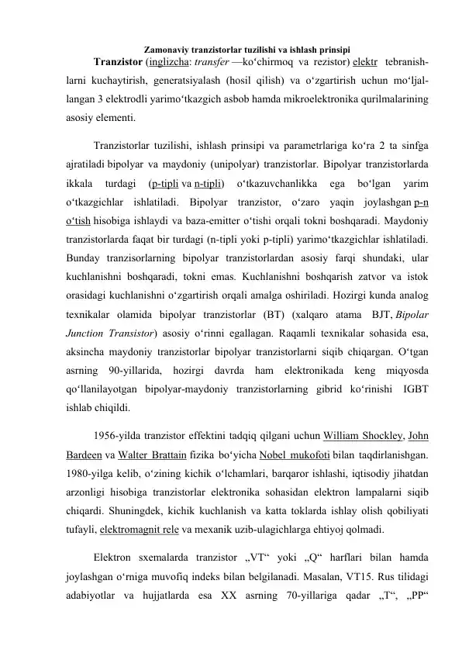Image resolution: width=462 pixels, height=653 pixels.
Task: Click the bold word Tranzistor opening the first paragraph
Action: tap(117, 62)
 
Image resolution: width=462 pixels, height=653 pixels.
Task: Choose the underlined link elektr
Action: tap(363, 62)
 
